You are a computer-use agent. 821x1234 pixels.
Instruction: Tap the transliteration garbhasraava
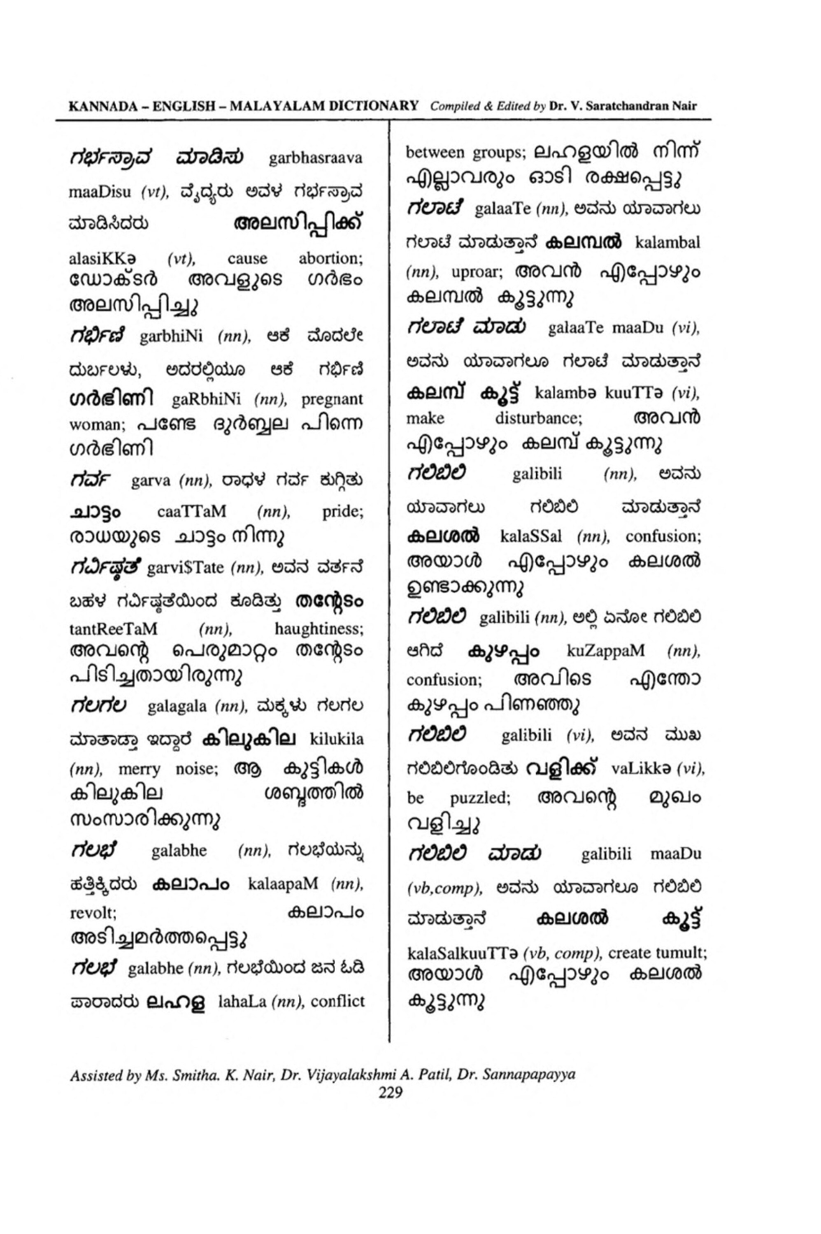pyautogui.click(x=316, y=158)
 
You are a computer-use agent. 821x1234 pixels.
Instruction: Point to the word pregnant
pyautogui.click(x=332, y=399)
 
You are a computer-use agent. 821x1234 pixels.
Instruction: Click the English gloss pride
pyautogui.click(x=343, y=511)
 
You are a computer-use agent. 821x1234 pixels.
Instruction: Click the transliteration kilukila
pyautogui.click(x=337, y=740)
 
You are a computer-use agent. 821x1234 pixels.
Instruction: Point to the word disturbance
pyautogui.click(x=539, y=418)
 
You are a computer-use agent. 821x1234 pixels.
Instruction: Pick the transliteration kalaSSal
pyautogui.click(x=531, y=536)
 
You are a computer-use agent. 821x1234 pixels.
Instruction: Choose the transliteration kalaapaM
pyautogui.click(x=283, y=884)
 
